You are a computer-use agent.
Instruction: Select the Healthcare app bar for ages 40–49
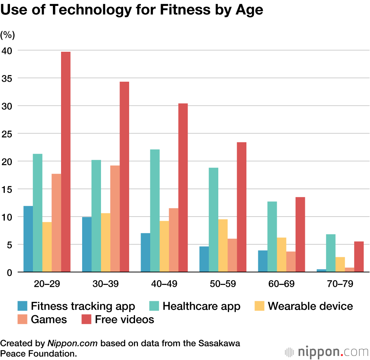pos(155,211)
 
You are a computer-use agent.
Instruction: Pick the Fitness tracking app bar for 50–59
pos(204,259)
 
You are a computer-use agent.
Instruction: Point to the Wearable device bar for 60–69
pos(282,255)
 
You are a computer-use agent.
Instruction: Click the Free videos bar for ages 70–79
pos(359,257)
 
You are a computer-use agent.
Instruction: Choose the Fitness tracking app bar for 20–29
pos(28,239)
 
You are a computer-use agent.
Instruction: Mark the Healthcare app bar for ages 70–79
pos(331,253)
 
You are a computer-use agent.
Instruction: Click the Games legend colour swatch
pos(23,319)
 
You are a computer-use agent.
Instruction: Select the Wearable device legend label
pos(310,306)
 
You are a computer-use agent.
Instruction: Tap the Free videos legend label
pos(124,319)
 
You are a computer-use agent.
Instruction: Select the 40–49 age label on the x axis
pos(164,284)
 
